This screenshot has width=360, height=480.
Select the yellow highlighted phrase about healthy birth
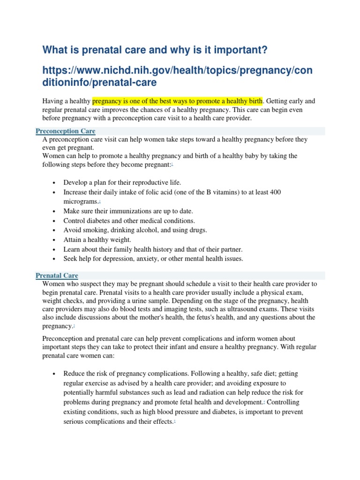[178, 101]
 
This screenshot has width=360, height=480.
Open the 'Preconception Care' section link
[65, 131]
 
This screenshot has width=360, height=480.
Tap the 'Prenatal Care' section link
[57, 276]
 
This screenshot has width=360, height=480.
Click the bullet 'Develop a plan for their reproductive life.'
[122, 182]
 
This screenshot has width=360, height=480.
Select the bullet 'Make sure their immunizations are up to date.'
[128, 211]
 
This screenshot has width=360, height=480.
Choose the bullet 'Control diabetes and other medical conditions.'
[129, 220]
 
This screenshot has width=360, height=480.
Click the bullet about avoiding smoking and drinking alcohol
[135, 230]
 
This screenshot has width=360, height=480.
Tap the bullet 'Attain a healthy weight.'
[97, 240]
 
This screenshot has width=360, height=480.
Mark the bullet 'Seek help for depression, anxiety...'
[153, 258]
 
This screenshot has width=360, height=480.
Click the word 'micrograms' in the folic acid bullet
[80, 202]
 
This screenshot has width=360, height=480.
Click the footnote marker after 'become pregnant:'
[172, 165]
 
